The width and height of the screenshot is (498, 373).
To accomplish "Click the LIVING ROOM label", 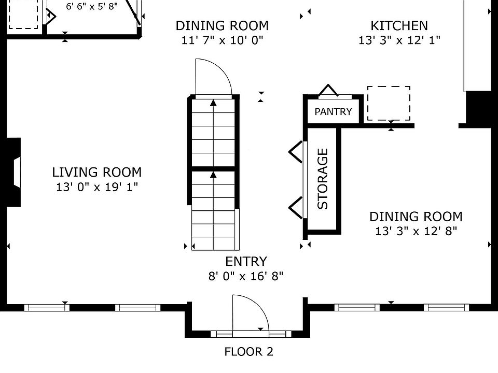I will (x=96, y=172).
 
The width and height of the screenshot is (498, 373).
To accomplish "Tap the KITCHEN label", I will (x=399, y=25).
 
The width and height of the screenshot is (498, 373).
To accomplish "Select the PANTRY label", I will (x=333, y=111).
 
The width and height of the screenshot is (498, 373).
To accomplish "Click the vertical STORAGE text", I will (x=323, y=178).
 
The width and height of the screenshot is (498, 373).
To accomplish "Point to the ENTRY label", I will (x=246, y=262).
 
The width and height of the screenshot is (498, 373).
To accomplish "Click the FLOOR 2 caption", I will (x=248, y=352).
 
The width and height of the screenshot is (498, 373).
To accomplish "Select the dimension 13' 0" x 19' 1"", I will (x=96, y=187).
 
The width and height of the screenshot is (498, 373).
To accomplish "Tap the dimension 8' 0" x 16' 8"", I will (x=246, y=276).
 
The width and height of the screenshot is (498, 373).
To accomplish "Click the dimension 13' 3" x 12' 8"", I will (x=416, y=231).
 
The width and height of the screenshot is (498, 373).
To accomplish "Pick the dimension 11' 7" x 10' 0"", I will (x=222, y=40).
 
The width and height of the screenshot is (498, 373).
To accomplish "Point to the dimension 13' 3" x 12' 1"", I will (x=399, y=40).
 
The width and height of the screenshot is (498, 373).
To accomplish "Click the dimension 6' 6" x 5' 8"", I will (x=92, y=7).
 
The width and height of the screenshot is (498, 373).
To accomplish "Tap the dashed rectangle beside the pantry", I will (x=389, y=103).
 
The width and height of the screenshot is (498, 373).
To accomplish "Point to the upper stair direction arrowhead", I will (x=213, y=103).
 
